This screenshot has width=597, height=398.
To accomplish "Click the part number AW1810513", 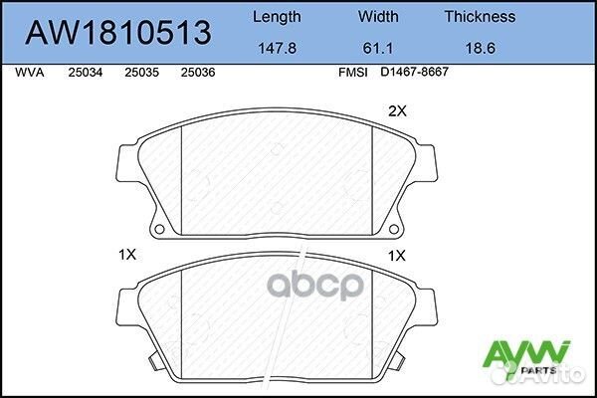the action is (x=118, y=33).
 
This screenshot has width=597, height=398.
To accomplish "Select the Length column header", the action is (x=277, y=18).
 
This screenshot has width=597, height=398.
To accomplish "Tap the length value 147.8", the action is (x=278, y=49).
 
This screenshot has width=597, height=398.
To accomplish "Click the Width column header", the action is (x=378, y=16).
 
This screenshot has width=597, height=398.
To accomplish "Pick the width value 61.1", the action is (x=378, y=49).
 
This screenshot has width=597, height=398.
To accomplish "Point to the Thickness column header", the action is (x=480, y=16).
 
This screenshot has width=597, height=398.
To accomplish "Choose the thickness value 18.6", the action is (x=481, y=49).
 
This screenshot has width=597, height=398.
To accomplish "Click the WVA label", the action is (x=30, y=73).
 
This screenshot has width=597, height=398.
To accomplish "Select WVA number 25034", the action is (x=86, y=73).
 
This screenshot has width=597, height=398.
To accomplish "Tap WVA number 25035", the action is (x=141, y=73).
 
